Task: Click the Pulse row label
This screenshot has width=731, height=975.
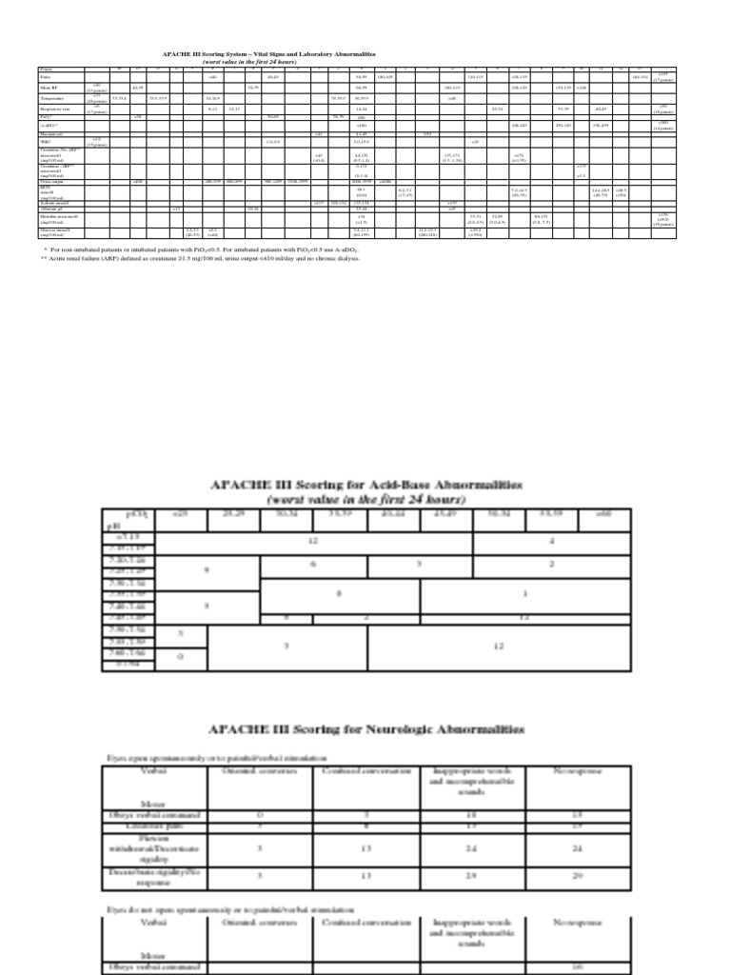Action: click(46, 77)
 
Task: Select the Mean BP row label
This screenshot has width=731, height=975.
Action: click(49, 88)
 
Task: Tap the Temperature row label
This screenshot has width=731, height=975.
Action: click(53, 98)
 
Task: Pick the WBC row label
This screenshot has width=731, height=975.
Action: click(45, 142)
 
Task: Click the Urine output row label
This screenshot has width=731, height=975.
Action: click(53, 181)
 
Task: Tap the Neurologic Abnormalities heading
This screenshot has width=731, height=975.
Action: click(365, 729)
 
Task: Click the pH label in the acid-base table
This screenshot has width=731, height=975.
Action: click(111, 523)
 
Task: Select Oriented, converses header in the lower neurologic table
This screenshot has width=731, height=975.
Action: click(263, 923)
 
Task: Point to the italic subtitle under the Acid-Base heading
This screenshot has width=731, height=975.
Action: click(365, 499)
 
